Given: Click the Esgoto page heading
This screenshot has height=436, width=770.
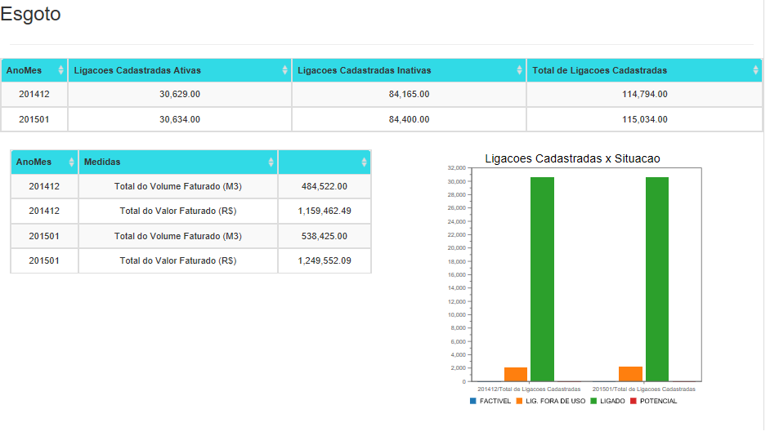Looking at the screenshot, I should click(30, 15).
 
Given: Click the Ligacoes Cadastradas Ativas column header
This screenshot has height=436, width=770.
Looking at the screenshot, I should click(137, 70).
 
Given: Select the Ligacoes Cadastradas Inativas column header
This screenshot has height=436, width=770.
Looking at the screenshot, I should click(364, 70).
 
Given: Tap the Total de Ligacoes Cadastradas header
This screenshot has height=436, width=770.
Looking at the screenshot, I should click(599, 70).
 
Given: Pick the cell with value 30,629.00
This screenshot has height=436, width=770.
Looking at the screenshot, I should click(180, 95).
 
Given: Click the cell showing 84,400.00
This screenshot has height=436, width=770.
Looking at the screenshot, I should click(409, 119).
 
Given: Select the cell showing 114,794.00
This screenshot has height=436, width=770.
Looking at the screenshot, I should click(644, 95).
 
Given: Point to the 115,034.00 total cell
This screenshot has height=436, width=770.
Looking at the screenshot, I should click(644, 119).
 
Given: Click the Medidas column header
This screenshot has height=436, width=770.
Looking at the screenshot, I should click(102, 162).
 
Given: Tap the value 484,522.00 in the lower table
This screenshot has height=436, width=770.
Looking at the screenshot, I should click(325, 187).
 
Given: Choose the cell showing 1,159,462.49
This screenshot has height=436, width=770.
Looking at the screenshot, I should click(325, 211).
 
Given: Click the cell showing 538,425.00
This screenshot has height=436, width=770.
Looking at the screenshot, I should click(325, 237).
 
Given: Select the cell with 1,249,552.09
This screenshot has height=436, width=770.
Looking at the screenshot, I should click(325, 261).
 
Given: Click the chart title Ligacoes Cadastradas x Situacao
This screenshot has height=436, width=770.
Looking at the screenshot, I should click(572, 158).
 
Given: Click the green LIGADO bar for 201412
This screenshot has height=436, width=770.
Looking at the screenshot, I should click(542, 278).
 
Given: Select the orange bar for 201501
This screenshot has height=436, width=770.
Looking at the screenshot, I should click(630, 374).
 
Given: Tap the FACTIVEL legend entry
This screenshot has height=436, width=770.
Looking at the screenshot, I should click(490, 401).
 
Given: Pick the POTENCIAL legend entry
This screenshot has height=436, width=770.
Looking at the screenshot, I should click(653, 401).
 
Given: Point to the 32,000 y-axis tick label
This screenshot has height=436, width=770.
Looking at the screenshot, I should click(456, 168).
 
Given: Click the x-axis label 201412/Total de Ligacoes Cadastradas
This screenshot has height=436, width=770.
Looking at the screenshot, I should click(529, 389).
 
